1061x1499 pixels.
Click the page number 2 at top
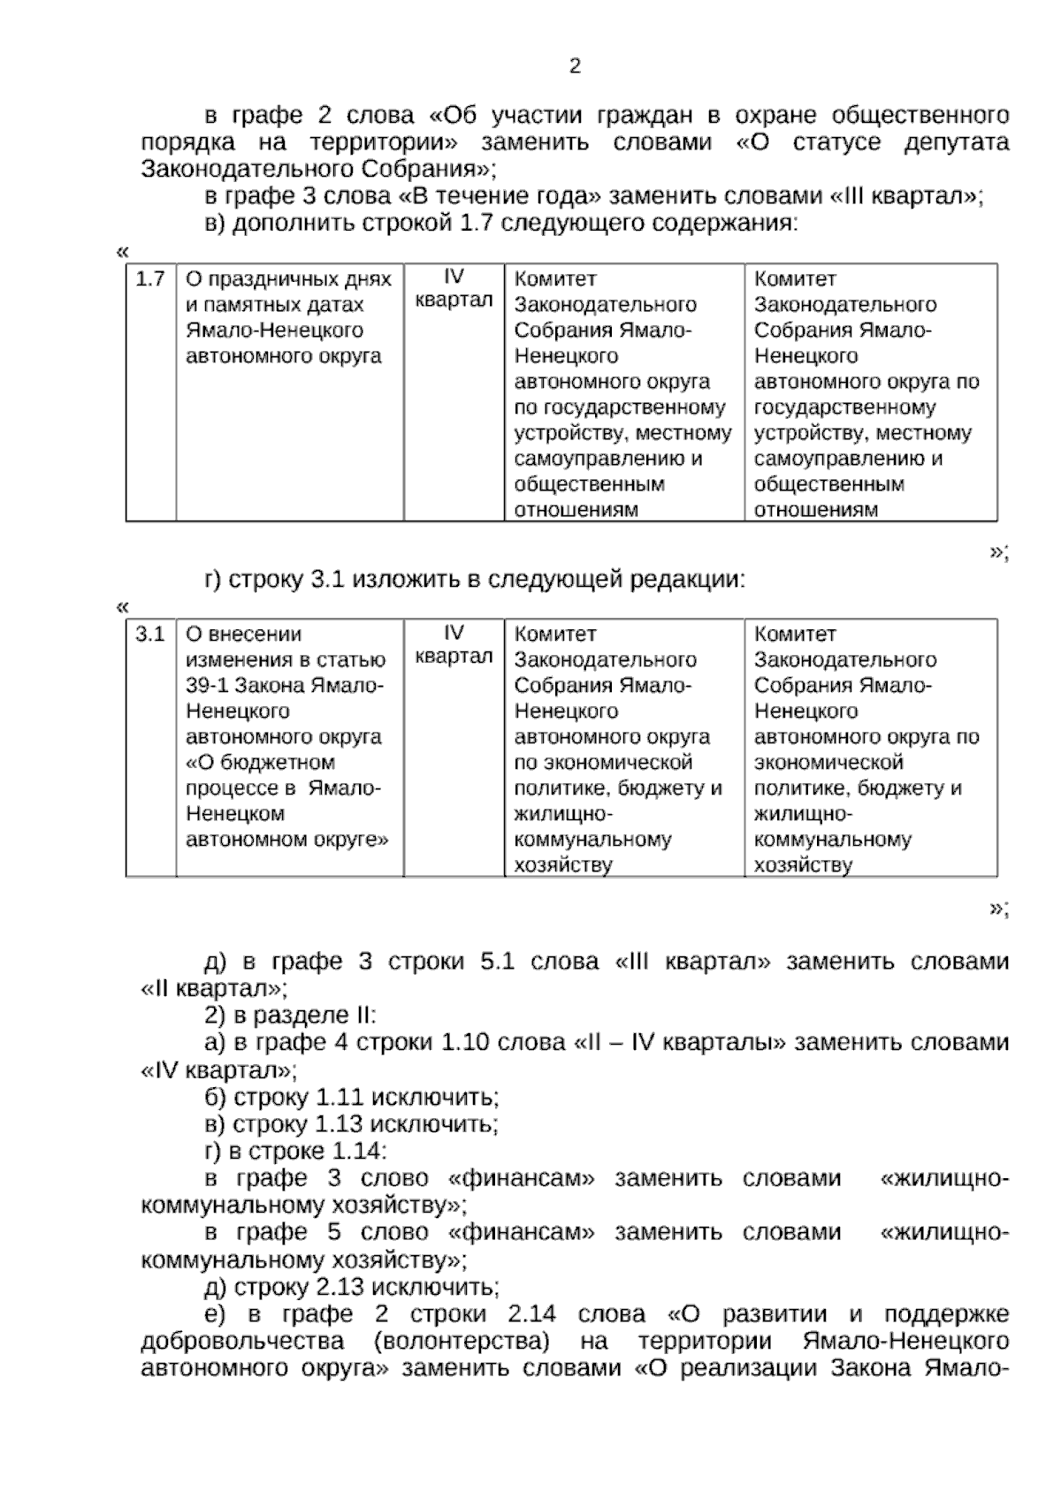coord(575,67)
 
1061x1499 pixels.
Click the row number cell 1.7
coord(150,279)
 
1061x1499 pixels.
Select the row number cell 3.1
coord(150,635)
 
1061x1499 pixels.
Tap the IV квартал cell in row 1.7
coord(454,289)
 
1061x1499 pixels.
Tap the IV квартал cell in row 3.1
coord(454,644)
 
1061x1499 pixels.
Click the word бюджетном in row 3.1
coord(271,763)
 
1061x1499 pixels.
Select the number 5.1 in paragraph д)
coord(497,962)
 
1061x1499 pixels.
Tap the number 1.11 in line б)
coord(340,1098)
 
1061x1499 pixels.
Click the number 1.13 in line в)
coord(340,1124)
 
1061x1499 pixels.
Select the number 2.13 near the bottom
coord(340,1287)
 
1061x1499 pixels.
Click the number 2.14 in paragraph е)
coord(532,1314)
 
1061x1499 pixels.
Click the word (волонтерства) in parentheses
coord(461,1342)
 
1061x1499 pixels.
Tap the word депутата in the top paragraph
coord(956,143)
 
